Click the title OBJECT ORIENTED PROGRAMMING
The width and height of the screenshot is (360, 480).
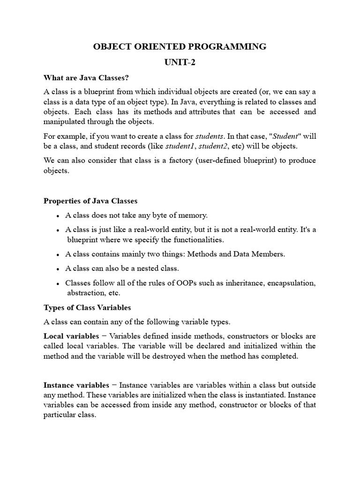(x=180, y=46)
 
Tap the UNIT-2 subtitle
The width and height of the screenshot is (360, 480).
(x=180, y=63)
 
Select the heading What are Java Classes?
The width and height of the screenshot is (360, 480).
(x=86, y=77)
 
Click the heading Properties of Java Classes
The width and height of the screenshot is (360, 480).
(x=90, y=201)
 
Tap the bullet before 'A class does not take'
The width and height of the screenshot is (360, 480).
(x=57, y=216)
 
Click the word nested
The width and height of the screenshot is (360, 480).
(x=140, y=269)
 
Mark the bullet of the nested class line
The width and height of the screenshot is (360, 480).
(x=57, y=270)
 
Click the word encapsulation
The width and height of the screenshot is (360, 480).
(x=289, y=283)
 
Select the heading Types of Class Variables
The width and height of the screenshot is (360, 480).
(x=87, y=307)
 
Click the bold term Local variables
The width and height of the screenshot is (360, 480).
(x=71, y=336)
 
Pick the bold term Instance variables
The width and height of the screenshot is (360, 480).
(x=76, y=385)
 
